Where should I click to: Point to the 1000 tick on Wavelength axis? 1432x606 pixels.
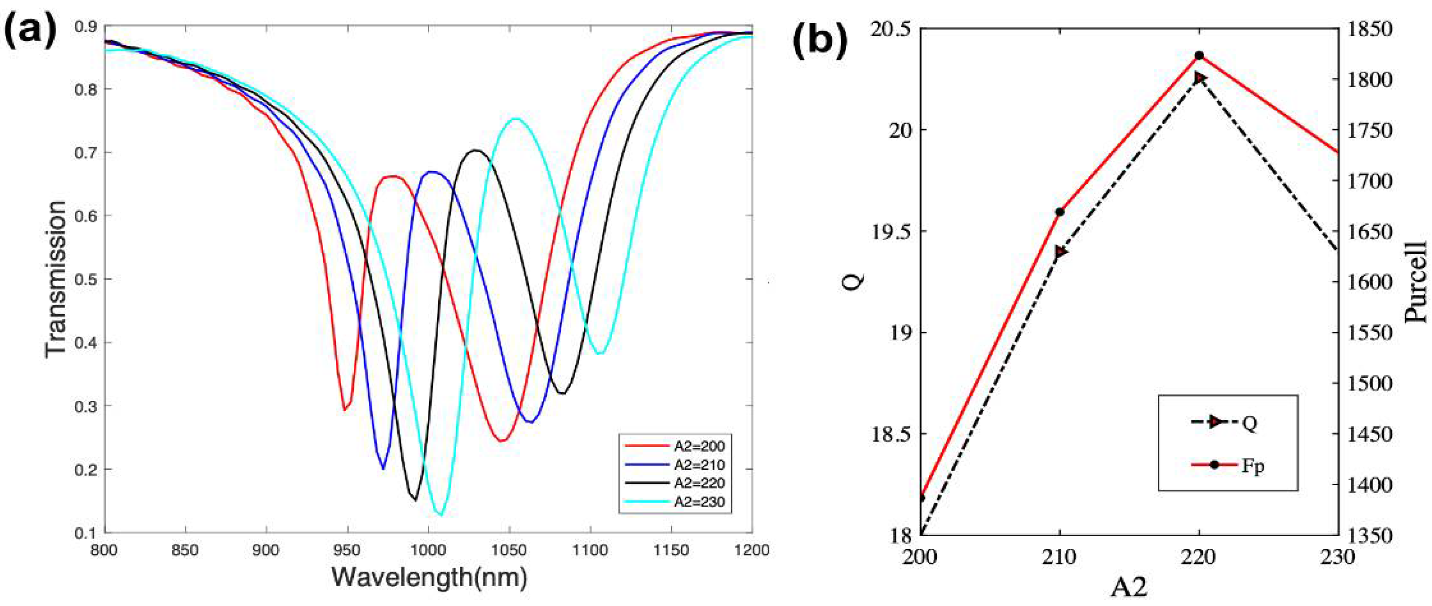tap(428, 550)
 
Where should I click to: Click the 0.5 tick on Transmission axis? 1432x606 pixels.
tap(87, 279)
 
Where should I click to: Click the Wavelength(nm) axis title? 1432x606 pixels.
tap(429, 578)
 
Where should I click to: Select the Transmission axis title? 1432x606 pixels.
tap(56, 279)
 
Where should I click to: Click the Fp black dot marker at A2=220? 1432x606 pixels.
tap(1199, 56)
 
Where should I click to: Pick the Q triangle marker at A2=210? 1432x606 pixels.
tap(1060, 252)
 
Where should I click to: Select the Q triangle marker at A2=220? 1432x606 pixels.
tap(1199, 78)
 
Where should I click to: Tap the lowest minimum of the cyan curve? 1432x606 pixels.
tap(440, 514)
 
